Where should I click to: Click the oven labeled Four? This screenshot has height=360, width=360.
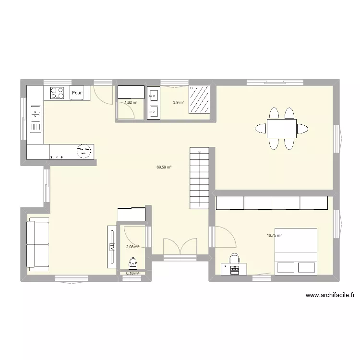click(x=77, y=93)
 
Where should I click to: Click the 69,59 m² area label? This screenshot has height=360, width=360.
click(x=164, y=168)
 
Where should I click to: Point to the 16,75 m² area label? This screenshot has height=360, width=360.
click(x=274, y=235)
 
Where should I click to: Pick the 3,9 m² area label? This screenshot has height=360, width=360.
click(x=178, y=102)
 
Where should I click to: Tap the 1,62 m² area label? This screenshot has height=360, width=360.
click(x=131, y=102)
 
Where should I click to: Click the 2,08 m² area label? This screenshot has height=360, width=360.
click(x=132, y=247)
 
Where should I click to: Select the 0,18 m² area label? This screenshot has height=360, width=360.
click(x=132, y=273)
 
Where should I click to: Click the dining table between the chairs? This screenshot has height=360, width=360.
click(x=281, y=128)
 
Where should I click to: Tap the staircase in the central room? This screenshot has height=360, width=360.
click(x=199, y=178)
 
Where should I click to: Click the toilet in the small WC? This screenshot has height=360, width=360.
click(x=133, y=263)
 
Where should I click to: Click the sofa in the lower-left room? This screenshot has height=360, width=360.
click(x=37, y=244)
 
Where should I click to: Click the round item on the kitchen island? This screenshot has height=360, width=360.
click(x=85, y=151)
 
